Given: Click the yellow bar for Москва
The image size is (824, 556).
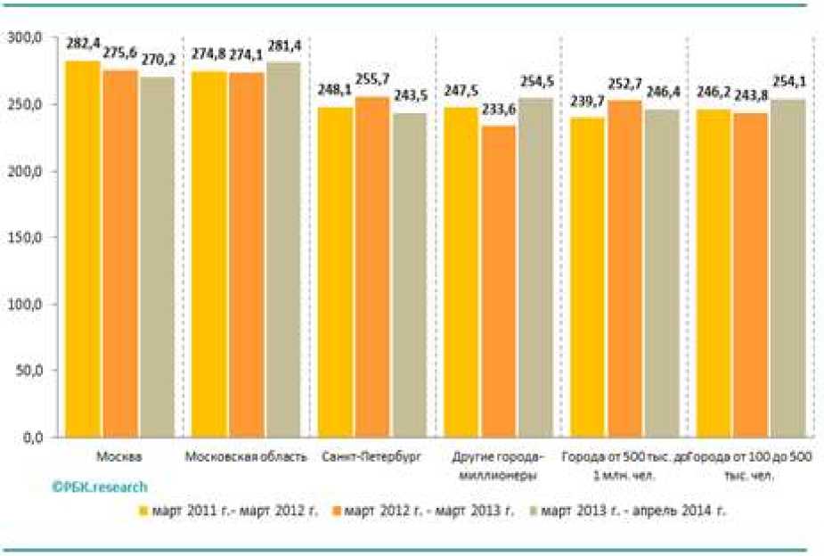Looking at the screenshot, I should tap(84, 249).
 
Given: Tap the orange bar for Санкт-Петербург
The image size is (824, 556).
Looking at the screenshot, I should tap(371, 267).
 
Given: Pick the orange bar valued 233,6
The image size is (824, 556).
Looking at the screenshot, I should tap(497, 281).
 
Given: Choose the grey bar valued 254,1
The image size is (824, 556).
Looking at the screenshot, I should tap(787, 267).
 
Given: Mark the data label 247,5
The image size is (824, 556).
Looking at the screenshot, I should tap(461, 90).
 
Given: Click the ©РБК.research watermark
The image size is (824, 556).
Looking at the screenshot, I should tap(98, 487).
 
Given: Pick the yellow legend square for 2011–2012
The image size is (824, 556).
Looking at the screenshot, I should tap(143, 511).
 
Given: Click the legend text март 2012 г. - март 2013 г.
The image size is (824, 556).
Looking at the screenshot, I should tap(428, 511).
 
